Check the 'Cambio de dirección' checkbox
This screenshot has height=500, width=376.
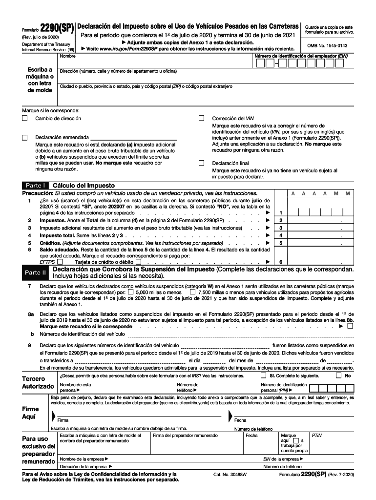(x=25, y=119)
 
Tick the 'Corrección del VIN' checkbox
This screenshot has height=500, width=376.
(x=201, y=119)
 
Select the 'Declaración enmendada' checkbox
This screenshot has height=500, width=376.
(x=25, y=138)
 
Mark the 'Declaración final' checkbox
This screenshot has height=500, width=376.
(x=201, y=163)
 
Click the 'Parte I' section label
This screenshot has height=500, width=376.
(x=36, y=186)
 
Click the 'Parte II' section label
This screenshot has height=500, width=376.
(x=36, y=272)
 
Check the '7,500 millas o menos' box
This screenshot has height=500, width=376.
(x=192, y=292)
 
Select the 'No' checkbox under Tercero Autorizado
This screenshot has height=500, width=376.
(x=338, y=376)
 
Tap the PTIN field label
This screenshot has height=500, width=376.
(x=317, y=435)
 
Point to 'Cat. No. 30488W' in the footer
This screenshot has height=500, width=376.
(x=230, y=475)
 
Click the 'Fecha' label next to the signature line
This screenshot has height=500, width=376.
(x=241, y=420)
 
